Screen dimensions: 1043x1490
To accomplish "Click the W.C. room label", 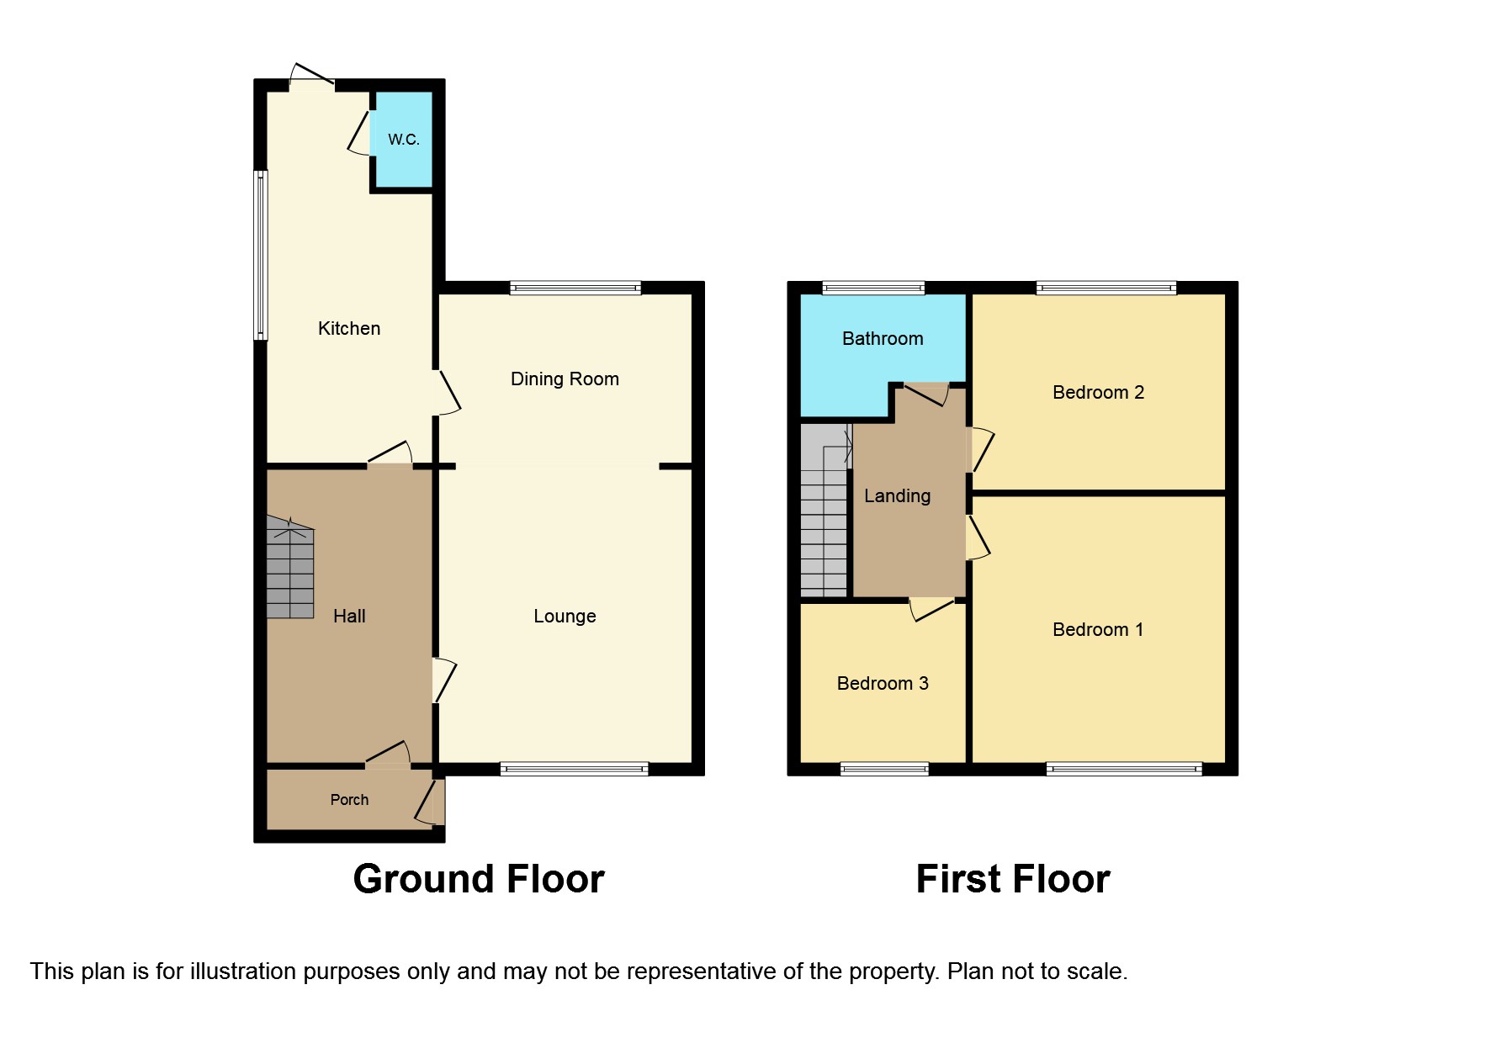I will pyautogui.click(x=403, y=140).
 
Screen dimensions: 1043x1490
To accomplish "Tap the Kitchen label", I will pyautogui.click(x=349, y=329).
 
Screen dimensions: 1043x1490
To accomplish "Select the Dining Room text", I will pyautogui.click(x=565, y=379).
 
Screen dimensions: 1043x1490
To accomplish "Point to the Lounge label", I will pyautogui.click(x=565, y=617).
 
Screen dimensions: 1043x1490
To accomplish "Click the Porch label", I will pyautogui.click(x=349, y=800).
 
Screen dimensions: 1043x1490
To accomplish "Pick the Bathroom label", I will pyautogui.click(x=883, y=339).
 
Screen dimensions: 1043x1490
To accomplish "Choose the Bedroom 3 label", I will pyautogui.click(x=883, y=684).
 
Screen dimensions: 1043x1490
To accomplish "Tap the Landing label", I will pyautogui.click(x=897, y=496).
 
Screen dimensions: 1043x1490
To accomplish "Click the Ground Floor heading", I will pyautogui.click(x=479, y=879).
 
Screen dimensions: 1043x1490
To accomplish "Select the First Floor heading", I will pyautogui.click(x=1013, y=879).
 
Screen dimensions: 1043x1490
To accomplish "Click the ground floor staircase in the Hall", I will pyautogui.click(x=290, y=572).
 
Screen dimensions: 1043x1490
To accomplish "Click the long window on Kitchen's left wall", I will pyautogui.click(x=261, y=256).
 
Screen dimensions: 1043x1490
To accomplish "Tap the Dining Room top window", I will pyautogui.click(x=575, y=288).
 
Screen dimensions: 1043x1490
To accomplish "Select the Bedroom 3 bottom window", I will pyautogui.click(x=884, y=768).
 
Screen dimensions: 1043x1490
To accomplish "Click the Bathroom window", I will pyautogui.click(x=873, y=288).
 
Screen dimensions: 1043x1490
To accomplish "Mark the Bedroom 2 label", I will pyautogui.click(x=1098, y=393).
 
